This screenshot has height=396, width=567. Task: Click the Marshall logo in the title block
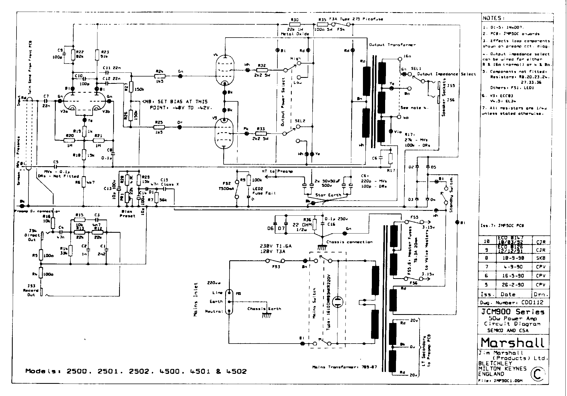[x=512, y=342]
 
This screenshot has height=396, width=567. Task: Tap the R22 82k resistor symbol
[x=73, y=55]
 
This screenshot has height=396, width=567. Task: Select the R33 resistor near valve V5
[x=261, y=134]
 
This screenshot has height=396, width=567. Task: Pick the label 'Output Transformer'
[x=392, y=45]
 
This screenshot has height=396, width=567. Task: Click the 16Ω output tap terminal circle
[x=400, y=59]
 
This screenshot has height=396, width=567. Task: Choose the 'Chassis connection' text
[x=349, y=242]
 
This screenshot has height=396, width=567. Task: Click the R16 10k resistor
[x=53, y=223]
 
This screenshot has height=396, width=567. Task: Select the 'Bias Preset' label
[x=127, y=214]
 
